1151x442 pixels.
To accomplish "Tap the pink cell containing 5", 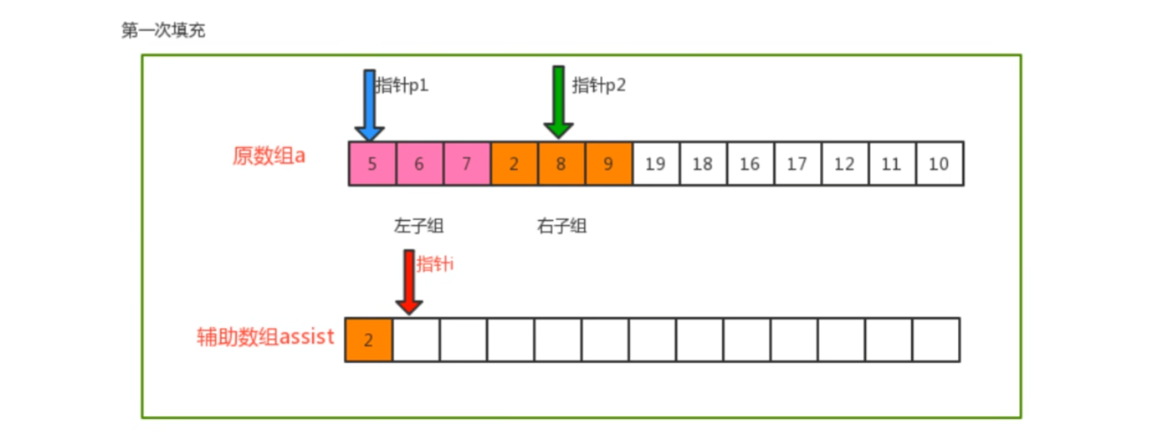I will [372, 164].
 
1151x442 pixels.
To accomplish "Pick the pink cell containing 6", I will [419, 164].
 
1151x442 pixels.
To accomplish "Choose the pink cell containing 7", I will [467, 164].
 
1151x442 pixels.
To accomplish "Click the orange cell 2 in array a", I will [514, 164].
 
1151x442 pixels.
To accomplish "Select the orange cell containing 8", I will [561, 164].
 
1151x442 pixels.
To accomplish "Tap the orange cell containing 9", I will [608, 164].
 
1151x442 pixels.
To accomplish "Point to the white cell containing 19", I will [656, 164].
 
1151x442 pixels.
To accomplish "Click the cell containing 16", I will [750, 164].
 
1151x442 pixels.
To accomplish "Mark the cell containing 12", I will [844, 164].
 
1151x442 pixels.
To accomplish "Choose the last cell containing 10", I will [939, 164].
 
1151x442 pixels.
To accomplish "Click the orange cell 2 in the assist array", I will [369, 340].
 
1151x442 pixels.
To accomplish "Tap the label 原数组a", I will [269, 156].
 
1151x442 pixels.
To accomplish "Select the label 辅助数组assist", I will [265, 337].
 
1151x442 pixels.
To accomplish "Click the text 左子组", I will [419, 227].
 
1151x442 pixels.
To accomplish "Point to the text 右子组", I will [562, 227].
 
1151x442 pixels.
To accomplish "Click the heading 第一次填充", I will [163, 31].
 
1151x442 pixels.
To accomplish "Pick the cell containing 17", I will [797, 164].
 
